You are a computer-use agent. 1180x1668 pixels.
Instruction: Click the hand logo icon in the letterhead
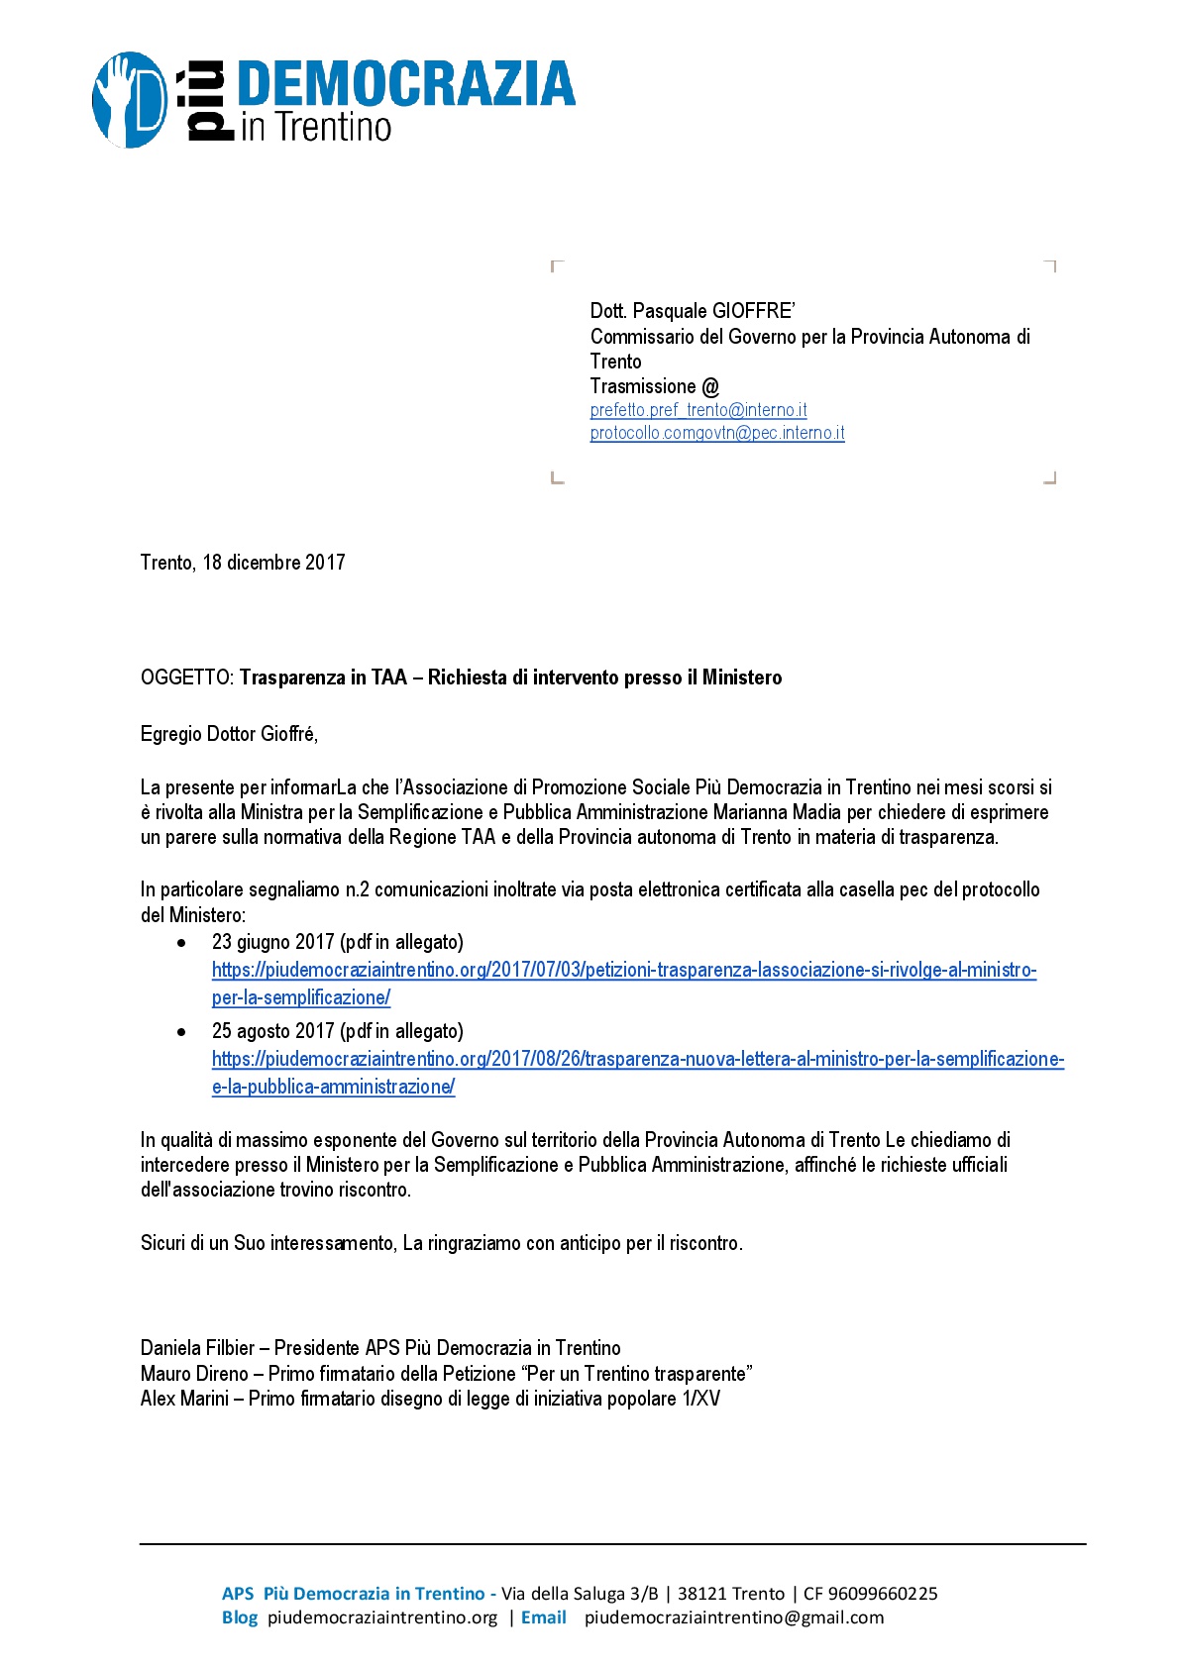[130, 100]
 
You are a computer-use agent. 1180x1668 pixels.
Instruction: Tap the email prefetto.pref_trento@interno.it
[698, 410]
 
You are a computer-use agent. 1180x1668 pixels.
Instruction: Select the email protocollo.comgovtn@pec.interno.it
[717, 433]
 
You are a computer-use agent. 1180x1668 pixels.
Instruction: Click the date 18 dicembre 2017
[273, 563]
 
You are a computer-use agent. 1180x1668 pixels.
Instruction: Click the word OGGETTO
[186, 678]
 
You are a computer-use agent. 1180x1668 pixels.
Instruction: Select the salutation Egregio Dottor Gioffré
[229, 734]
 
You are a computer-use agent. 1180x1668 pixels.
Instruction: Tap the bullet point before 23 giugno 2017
[181, 943]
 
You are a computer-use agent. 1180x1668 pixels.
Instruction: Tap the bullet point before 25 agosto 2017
[181, 1032]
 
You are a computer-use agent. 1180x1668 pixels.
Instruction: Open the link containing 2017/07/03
[624, 971]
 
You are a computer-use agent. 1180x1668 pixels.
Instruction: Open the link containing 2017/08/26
[637, 1060]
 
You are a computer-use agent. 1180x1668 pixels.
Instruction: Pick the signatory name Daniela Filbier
[198, 1348]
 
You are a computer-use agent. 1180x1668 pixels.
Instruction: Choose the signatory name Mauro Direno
[194, 1374]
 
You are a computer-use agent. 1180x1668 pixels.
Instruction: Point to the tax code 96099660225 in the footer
[883, 1594]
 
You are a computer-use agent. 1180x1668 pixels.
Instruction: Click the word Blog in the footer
[240, 1617]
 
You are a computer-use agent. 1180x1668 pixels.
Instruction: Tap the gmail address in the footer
[733, 1617]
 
